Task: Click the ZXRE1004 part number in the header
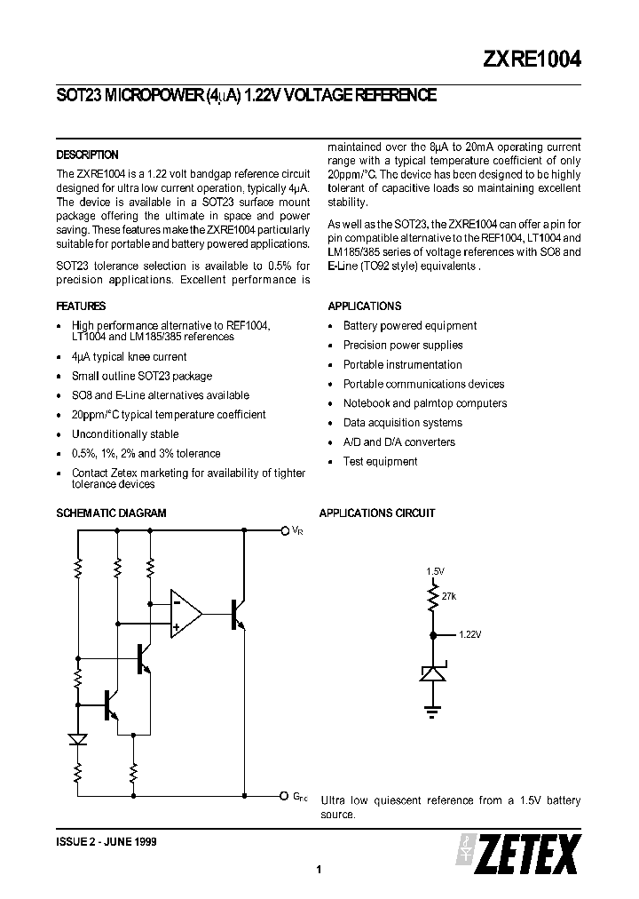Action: [x=532, y=59]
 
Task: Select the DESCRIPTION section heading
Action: [x=87, y=155]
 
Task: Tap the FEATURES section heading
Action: [x=81, y=306]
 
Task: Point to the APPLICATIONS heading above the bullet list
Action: [x=364, y=306]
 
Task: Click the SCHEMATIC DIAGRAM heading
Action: [x=111, y=513]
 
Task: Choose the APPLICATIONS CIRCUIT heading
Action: [x=377, y=513]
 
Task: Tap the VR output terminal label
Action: [x=297, y=530]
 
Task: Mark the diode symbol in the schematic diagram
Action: [x=78, y=739]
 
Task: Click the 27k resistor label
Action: [x=448, y=596]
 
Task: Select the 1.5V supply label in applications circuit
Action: [x=434, y=571]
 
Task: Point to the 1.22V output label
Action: [x=470, y=635]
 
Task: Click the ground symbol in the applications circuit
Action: [x=433, y=709]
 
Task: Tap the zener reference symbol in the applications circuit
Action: [x=433, y=672]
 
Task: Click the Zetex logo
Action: [x=522, y=853]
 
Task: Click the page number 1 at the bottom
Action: [x=318, y=870]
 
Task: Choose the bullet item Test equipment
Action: [x=380, y=461]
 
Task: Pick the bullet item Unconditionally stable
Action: [x=125, y=434]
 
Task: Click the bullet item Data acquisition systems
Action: [x=402, y=423]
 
